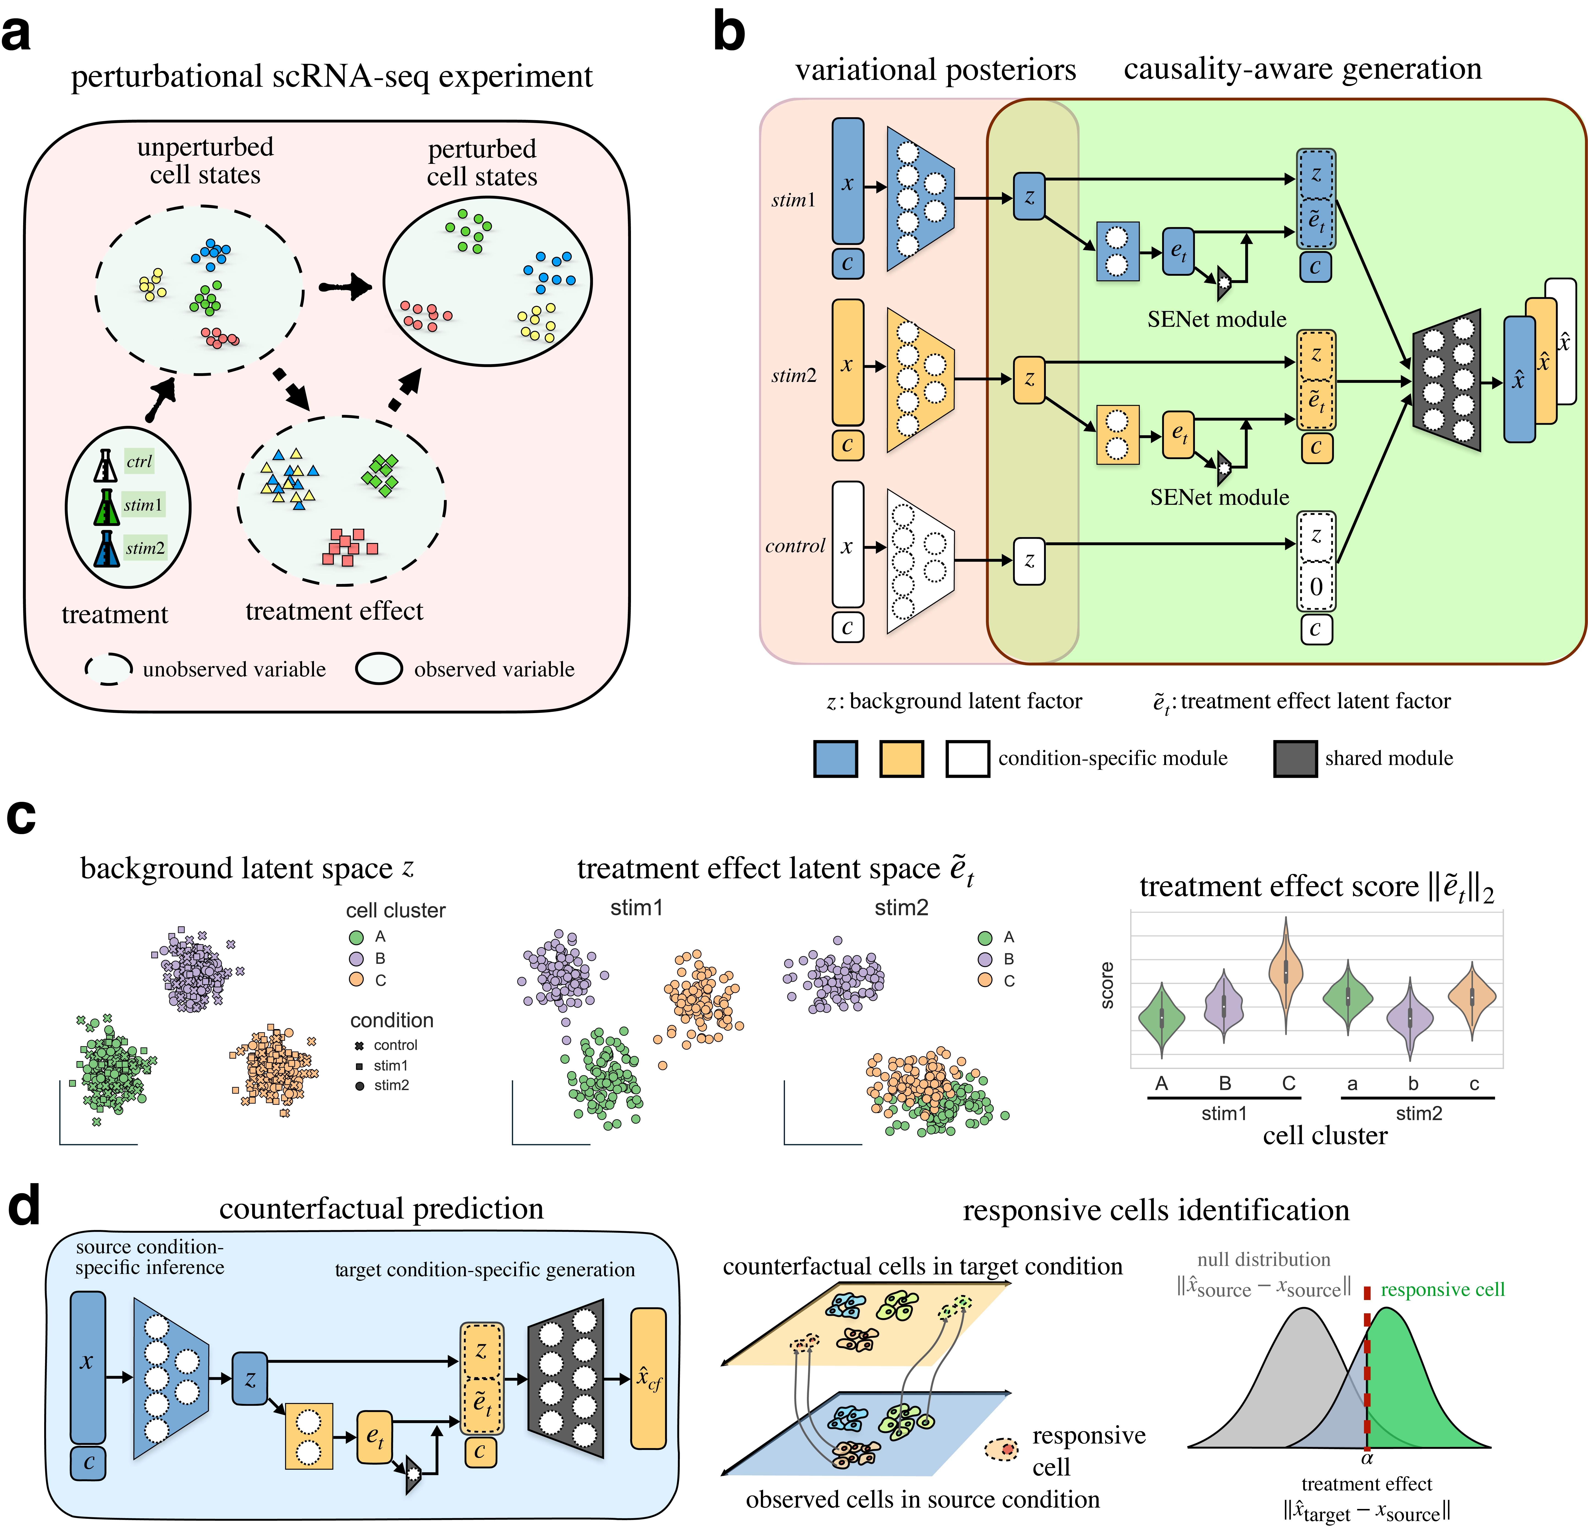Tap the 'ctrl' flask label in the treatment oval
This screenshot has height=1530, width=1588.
tap(138, 462)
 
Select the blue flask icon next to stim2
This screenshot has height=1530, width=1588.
tap(106, 548)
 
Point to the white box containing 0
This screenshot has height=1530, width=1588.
tap(1316, 587)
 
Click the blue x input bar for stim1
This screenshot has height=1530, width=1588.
tap(847, 181)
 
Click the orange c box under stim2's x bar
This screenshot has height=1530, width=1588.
tap(847, 445)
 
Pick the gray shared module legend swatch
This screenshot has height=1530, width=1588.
tap(1295, 759)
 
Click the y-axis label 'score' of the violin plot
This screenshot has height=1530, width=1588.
tap(1107, 986)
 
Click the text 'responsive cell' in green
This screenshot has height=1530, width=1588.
tap(1442, 1289)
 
